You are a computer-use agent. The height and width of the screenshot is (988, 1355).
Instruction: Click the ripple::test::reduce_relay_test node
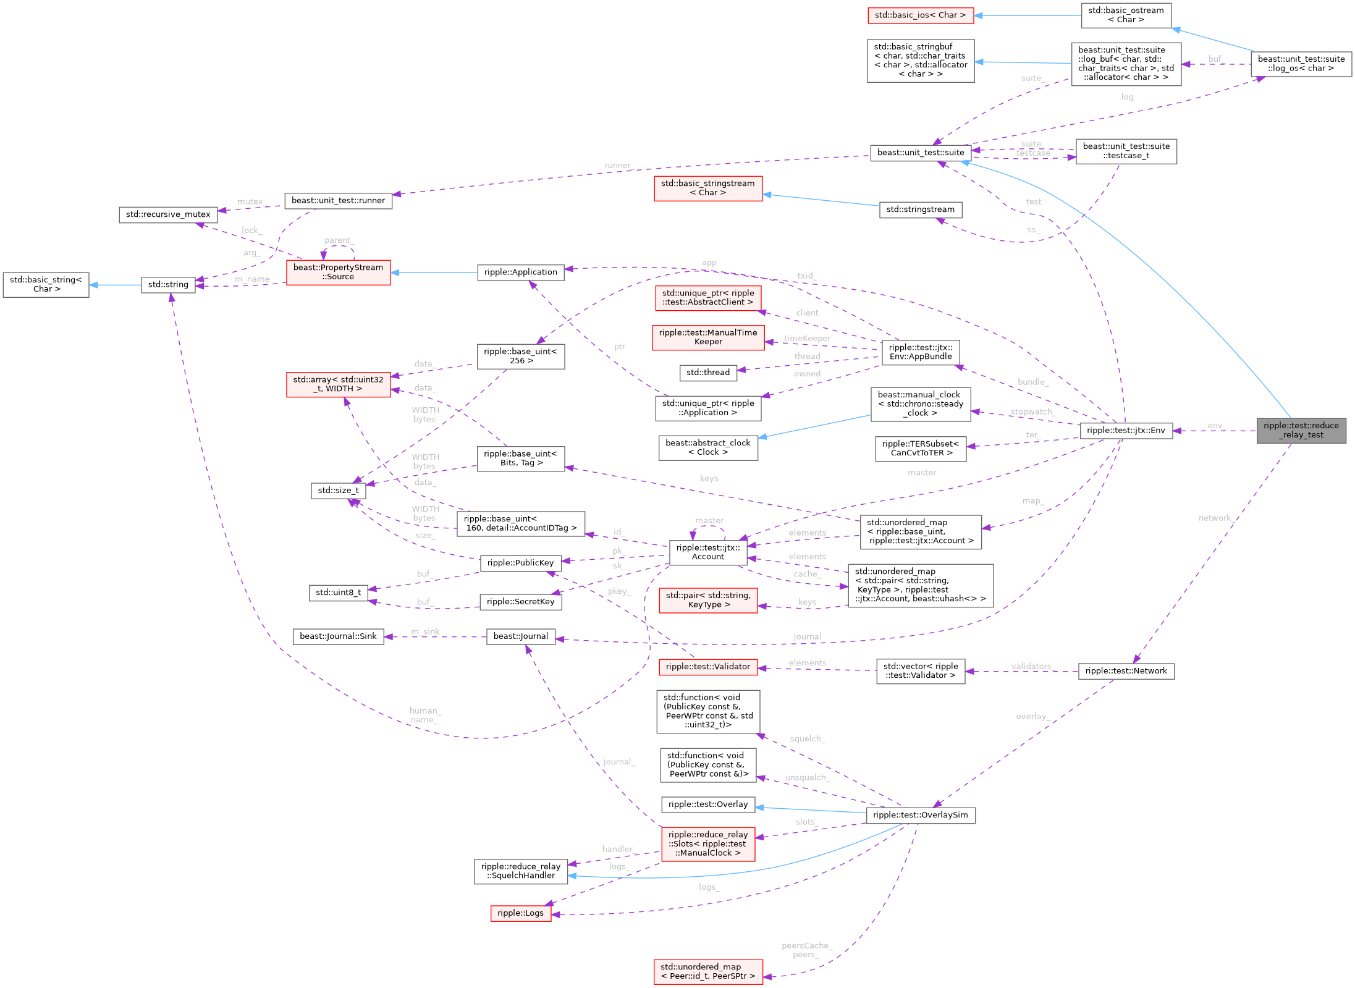[x=1301, y=430]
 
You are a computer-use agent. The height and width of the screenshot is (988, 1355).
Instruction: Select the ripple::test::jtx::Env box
[x=1125, y=430]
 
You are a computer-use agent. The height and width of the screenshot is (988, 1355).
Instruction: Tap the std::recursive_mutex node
[x=168, y=214]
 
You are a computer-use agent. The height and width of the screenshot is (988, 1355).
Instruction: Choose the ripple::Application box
[x=520, y=272]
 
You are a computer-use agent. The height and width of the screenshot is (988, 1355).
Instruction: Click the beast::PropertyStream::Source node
[x=338, y=272]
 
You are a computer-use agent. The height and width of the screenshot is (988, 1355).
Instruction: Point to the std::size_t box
[x=338, y=490]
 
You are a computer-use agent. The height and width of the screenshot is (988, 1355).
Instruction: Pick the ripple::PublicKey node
[x=520, y=563]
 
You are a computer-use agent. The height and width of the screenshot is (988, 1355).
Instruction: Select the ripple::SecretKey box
[x=520, y=602]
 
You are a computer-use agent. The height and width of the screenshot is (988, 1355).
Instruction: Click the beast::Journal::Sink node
[x=338, y=636]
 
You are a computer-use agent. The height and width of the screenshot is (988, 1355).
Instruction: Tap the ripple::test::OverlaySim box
[x=920, y=815]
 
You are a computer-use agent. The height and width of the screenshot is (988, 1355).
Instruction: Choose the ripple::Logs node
[x=520, y=913]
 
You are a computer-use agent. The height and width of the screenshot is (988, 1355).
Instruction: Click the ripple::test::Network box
[x=1126, y=671]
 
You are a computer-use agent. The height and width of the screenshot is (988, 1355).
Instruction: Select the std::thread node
[x=707, y=373]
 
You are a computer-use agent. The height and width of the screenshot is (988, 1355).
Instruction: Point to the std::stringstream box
[x=920, y=209]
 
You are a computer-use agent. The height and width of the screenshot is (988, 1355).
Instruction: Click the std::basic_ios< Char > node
[x=919, y=15]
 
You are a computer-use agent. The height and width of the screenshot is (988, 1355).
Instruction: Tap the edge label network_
[x=1216, y=518]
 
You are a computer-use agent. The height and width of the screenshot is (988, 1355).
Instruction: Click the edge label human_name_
[x=424, y=716]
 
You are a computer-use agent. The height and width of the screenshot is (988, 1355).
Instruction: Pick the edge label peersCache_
[x=806, y=945]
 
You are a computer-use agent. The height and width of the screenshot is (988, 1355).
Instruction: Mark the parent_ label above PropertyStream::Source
[x=339, y=240]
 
